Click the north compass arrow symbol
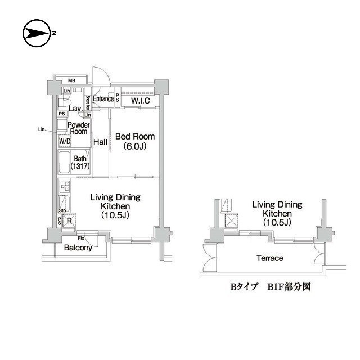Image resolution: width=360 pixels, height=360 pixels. click(37, 34)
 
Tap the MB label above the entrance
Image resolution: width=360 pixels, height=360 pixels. click(73, 80)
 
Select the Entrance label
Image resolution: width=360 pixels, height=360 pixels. click(103, 99)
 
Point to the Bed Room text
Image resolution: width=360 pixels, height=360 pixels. click(134, 137)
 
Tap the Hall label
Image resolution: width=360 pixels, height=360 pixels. click(101, 142)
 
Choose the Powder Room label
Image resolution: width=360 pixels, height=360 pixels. click(78, 128)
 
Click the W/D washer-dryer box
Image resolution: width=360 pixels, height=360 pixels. click(64, 141)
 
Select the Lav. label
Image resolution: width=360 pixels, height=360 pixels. click(75, 108)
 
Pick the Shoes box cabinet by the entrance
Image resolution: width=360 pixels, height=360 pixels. click(88, 104)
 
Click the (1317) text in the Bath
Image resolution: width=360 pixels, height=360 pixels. click(80, 167)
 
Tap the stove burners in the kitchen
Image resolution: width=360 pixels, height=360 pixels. click(64, 186)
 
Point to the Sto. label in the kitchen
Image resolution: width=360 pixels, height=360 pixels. click(62, 211)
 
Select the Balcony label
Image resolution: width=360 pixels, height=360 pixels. click(78, 247)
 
